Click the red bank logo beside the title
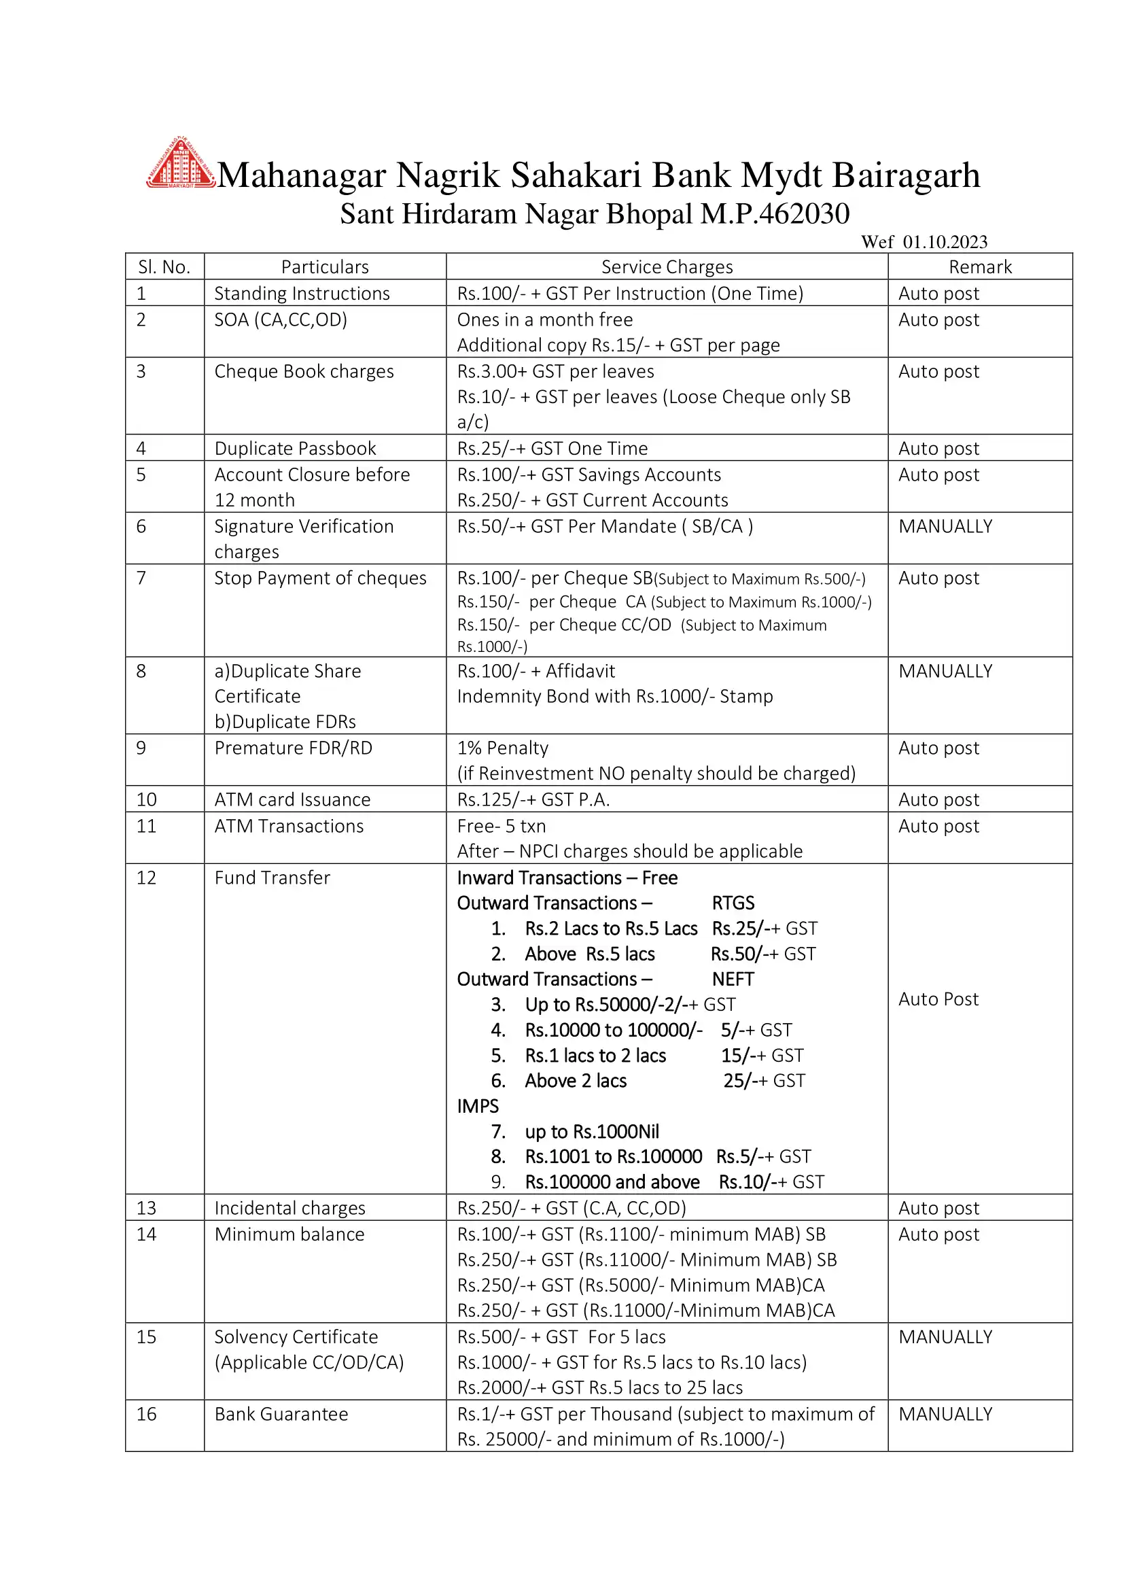pos(179,164)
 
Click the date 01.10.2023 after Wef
pos(945,242)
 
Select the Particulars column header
pos(325,266)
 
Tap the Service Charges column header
pos(667,266)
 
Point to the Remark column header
pos(979,266)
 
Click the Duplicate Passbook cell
pos(296,448)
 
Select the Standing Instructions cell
pos(302,293)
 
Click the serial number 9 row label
pos(141,748)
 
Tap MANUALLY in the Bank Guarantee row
pos(945,1414)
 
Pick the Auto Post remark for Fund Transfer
pos(938,999)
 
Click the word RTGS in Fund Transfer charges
pos(733,903)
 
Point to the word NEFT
pos(733,979)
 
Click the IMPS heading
pos(478,1106)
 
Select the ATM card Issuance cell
pos(292,799)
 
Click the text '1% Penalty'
pos(502,748)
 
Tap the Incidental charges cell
pos(289,1208)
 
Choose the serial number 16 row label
pos(146,1414)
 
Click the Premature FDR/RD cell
pos(293,748)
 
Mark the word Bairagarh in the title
pos(906,175)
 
